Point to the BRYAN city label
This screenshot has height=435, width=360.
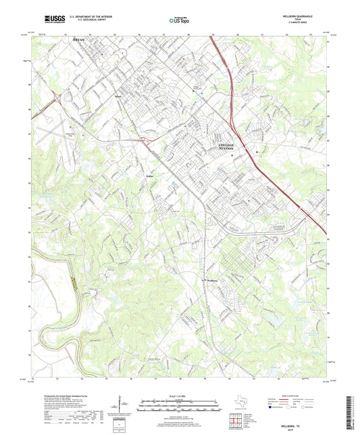pyautogui.click(x=81, y=41)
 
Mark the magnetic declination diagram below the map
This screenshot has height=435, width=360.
pyautogui.click(x=124, y=405)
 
